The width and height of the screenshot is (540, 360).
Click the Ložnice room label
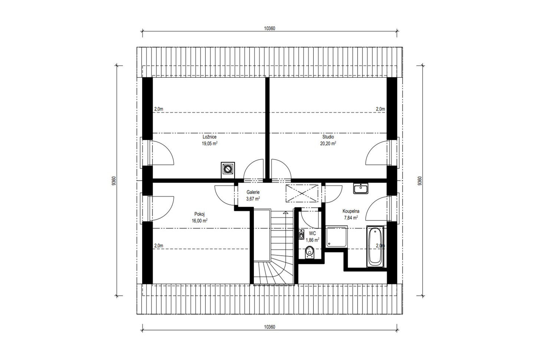(x=209, y=137)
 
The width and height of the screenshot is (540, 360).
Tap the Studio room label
(x=328, y=137)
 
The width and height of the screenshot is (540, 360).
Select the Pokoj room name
(x=199, y=214)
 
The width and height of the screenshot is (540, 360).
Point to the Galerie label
(x=253, y=192)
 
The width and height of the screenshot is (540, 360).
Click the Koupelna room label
(x=351, y=211)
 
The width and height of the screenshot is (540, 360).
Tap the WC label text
(x=312, y=233)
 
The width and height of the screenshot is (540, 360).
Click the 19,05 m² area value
(x=209, y=144)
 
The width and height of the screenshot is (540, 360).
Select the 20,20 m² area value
(x=328, y=144)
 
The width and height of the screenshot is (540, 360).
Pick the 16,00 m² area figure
(x=200, y=221)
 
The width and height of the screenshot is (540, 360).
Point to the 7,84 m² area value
(x=351, y=218)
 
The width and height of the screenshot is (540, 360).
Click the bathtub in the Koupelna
(x=375, y=246)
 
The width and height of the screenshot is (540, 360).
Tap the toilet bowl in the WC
(x=309, y=252)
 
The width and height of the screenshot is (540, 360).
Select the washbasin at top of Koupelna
(x=361, y=188)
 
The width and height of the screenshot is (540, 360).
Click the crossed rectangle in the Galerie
(x=302, y=193)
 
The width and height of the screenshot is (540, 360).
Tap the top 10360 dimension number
(x=269, y=29)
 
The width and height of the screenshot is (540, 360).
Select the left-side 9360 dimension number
(x=114, y=181)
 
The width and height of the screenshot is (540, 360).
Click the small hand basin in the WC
(x=301, y=235)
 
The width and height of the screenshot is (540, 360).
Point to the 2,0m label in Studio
(x=380, y=109)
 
